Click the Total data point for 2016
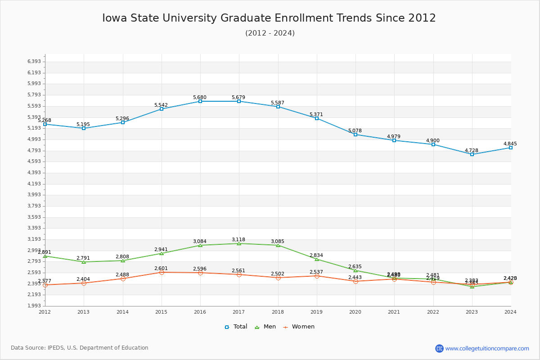pyautogui.click(x=200, y=101)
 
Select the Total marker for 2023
pyautogui.click(x=472, y=154)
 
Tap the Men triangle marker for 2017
pyautogui.click(x=239, y=243)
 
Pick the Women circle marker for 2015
pyautogui.click(x=162, y=272)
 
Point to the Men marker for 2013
pyautogui.click(x=84, y=262)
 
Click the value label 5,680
pyautogui.click(x=200, y=98)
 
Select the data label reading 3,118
pyautogui.click(x=238, y=240)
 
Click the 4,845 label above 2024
pyautogui.click(x=510, y=144)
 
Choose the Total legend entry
pyautogui.click(x=236, y=327)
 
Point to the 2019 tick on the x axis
pyautogui.click(x=317, y=312)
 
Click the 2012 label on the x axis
pyautogui.click(x=45, y=312)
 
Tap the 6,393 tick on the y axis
pyautogui.click(x=34, y=62)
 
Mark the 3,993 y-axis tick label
pyautogui.click(x=34, y=195)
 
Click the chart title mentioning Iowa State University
pyautogui.click(x=269, y=18)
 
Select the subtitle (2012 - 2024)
pyautogui.click(x=270, y=33)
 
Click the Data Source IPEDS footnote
pyautogui.click(x=80, y=348)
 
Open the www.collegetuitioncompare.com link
pyautogui.click(x=487, y=348)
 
